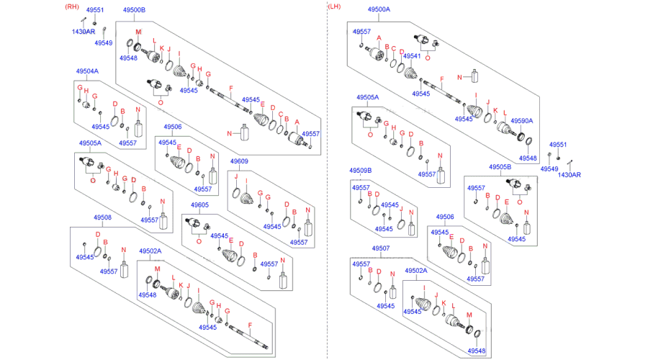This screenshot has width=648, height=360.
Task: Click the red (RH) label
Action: point(72,6)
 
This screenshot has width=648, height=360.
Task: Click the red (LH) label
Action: point(334,6)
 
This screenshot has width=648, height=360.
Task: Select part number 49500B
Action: point(135,10)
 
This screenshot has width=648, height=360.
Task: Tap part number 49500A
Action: point(379,9)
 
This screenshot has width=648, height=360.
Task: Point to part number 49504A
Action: point(87,71)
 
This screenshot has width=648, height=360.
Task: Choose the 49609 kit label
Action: point(239,161)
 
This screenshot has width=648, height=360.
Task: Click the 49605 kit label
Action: point(199,205)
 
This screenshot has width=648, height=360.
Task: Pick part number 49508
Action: point(102,217)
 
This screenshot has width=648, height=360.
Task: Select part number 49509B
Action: point(361,171)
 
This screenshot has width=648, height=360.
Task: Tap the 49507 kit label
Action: point(381,248)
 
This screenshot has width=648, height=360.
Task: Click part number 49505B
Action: point(500,167)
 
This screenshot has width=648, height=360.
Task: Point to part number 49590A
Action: point(522,121)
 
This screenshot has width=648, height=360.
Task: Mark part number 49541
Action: point(412,55)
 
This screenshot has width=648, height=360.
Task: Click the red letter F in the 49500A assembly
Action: point(442,79)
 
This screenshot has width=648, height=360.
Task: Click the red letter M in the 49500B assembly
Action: point(138,32)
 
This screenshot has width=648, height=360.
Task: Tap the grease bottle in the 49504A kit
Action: point(138,128)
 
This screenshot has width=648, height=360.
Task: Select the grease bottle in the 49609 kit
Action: point(308,228)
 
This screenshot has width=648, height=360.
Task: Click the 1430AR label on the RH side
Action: point(84,32)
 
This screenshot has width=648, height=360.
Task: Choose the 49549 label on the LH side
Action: point(549,168)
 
